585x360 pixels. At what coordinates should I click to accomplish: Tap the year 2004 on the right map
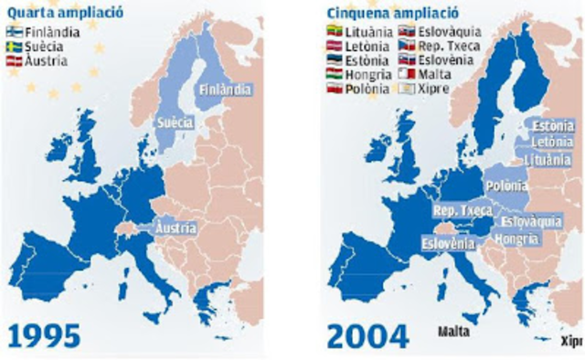(x=369, y=334)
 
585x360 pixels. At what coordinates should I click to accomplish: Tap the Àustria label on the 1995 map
(x=175, y=227)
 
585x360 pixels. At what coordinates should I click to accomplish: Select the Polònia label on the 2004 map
(x=506, y=186)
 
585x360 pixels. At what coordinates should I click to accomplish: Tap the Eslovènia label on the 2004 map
(x=448, y=244)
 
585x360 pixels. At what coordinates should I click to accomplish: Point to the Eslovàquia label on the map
(x=530, y=221)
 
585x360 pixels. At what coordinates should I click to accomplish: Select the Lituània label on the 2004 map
(x=547, y=159)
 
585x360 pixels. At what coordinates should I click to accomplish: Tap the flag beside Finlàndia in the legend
(x=14, y=31)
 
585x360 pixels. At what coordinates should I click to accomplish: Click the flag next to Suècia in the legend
(x=14, y=46)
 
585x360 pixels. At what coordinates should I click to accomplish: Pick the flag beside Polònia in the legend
(x=335, y=90)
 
